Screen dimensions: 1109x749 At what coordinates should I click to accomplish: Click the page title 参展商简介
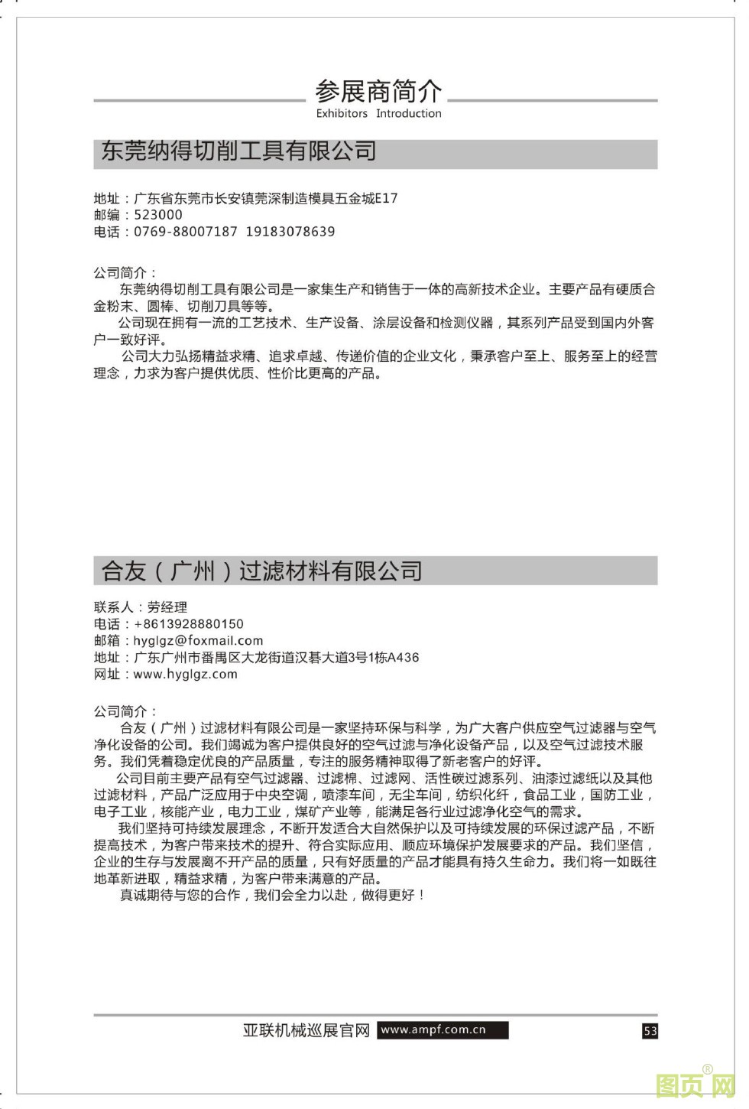(378, 92)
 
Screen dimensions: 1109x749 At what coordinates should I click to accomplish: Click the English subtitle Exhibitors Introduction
(378, 113)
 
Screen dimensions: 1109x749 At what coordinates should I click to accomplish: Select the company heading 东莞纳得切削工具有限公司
(239, 151)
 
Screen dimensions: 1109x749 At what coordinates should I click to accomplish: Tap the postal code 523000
(158, 215)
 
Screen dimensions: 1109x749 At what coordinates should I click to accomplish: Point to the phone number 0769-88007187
(186, 232)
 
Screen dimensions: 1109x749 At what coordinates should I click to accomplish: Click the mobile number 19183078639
(290, 232)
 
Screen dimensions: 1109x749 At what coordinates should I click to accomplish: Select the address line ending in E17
(265, 199)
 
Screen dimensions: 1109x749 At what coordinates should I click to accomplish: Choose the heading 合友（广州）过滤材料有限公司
(262, 571)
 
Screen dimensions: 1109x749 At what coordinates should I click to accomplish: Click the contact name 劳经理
(167, 607)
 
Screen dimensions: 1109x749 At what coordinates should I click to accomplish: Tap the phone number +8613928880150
(189, 624)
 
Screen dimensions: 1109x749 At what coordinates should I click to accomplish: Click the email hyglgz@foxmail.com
(198, 641)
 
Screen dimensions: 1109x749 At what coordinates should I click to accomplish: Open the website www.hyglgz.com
(185, 675)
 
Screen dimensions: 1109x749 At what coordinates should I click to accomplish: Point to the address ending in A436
(276, 658)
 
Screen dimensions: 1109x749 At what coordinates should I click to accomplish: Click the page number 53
(650, 1031)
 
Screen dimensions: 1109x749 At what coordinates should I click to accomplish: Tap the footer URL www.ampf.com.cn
(433, 1030)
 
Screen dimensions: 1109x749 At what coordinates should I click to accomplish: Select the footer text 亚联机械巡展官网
(306, 1031)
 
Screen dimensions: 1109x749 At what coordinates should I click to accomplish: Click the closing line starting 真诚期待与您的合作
(272, 895)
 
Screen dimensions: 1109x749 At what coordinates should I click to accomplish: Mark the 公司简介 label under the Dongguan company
(125, 273)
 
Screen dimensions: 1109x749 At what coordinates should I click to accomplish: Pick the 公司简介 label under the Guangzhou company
(125, 711)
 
